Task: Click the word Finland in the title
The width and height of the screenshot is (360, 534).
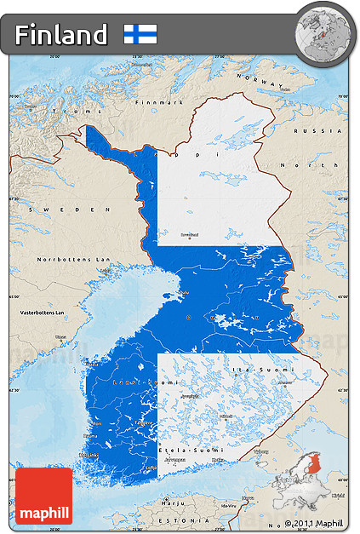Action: click(60, 35)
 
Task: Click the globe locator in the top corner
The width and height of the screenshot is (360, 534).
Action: click(323, 30)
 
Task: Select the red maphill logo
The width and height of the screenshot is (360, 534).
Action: click(43, 495)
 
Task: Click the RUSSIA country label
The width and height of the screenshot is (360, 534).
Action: click(327, 131)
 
